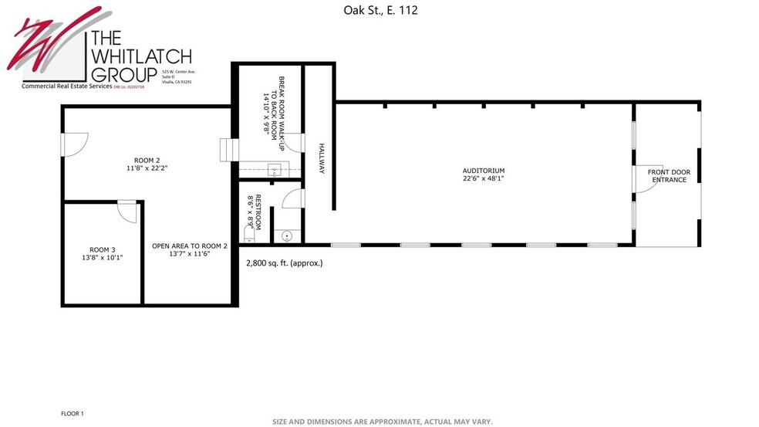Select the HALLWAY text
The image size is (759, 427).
[x=321, y=158]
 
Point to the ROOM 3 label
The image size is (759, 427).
[x=103, y=249]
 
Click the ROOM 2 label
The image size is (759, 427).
[x=147, y=160]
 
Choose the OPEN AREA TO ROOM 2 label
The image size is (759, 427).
[x=190, y=246]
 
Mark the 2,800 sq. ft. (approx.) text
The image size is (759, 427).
[x=284, y=263]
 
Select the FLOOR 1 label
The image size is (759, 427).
[x=72, y=414]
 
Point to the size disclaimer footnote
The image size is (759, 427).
[x=382, y=422]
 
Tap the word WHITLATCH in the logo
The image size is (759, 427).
[x=141, y=56]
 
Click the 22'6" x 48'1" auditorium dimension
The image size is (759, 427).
[x=484, y=178]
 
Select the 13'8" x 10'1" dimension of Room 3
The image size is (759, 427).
[x=103, y=257]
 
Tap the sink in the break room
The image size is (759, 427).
[x=274, y=170]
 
